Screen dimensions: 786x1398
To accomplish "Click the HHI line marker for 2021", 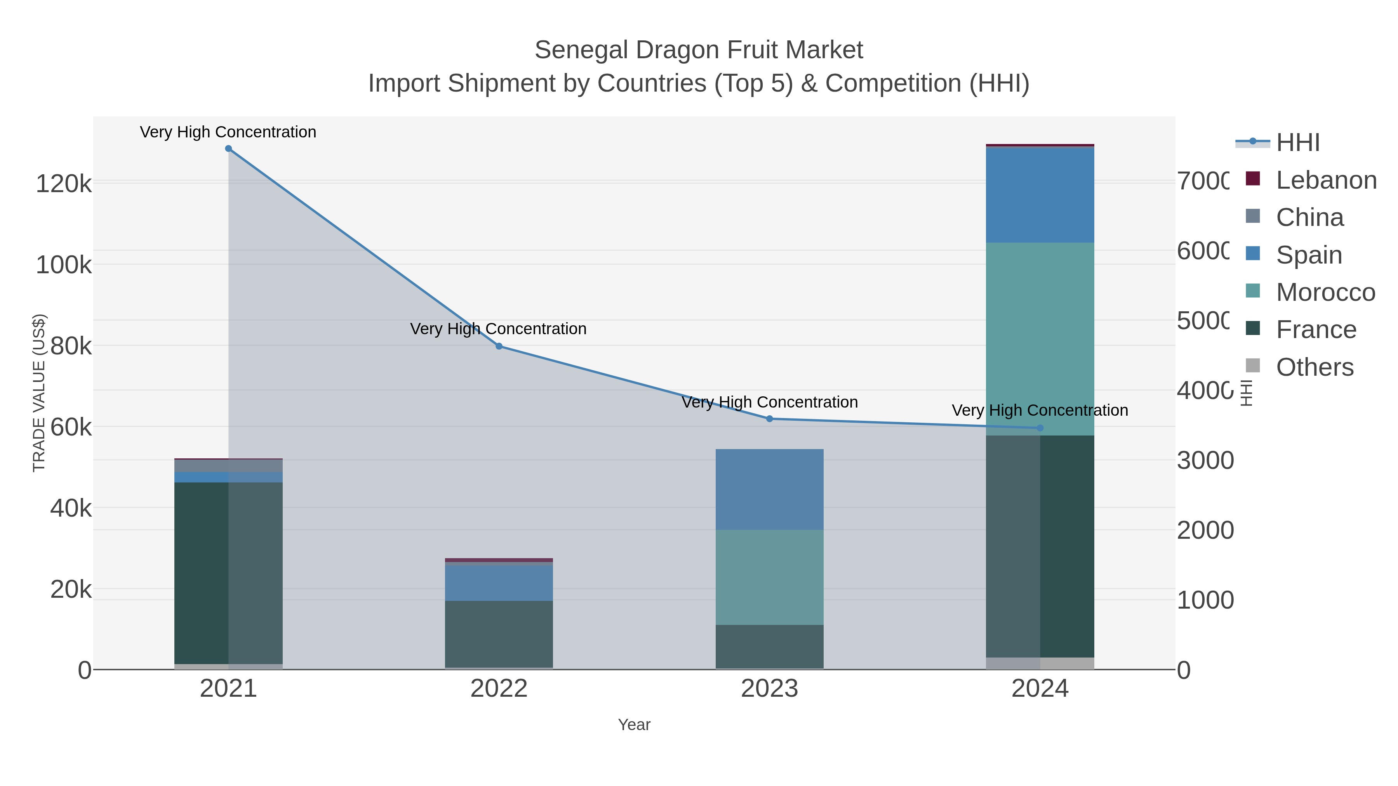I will click(x=228, y=149).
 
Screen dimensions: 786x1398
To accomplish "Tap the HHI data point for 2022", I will click(x=499, y=346).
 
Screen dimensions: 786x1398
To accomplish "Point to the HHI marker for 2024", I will click(x=1040, y=428).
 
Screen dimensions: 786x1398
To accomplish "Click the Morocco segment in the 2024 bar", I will click(x=1040, y=339).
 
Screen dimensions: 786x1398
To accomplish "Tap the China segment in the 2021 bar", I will click(x=228, y=465).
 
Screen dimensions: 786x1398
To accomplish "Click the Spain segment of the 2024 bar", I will click(x=1040, y=195).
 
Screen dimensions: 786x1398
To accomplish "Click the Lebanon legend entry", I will click(x=1326, y=180).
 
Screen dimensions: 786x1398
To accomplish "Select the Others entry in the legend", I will click(x=1315, y=367).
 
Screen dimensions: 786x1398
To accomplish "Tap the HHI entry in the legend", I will click(x=1297, y=143).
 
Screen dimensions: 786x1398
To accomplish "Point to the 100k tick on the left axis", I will click(x=64, y=265).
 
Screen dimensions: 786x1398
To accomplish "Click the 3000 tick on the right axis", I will click(x=1205, y=460).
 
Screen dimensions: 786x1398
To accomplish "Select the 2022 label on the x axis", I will click(x=499, y=689).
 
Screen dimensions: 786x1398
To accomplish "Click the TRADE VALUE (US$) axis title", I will click(x=39, y=393).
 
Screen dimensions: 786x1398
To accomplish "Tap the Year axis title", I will click(x=634, y=725).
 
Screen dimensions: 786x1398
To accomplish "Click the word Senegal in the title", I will click(x=581, y=50).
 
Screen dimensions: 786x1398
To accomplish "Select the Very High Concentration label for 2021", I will click(x=228, y=132).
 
